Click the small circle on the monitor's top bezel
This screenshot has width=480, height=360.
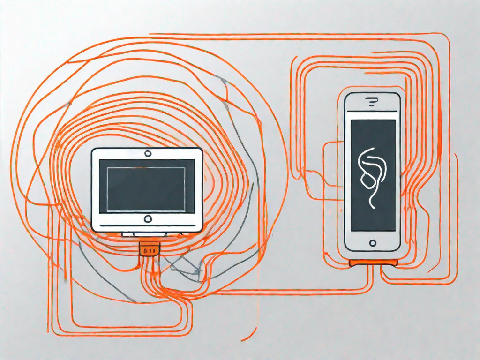pyautogui.click(x=148, y=153)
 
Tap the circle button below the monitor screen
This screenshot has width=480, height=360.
pyautogui.click(x=148, y=218)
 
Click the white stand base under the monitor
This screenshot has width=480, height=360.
pyautogui.click(x=148, y=233)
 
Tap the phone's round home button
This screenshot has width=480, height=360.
pyautogui.click(x=373, y=243)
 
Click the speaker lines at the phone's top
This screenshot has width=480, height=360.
pyautogui.click(x=373, y=100)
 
